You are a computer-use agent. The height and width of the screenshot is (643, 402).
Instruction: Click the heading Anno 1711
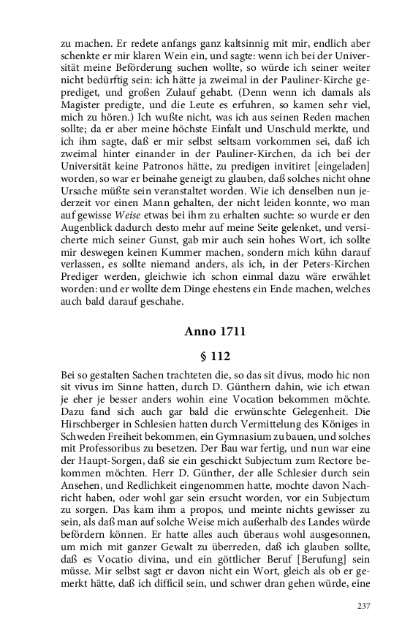214,331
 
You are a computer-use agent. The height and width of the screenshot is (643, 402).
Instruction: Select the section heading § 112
214,357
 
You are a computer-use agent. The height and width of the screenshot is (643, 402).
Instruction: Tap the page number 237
364,606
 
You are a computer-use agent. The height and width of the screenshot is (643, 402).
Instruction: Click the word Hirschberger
93,423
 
